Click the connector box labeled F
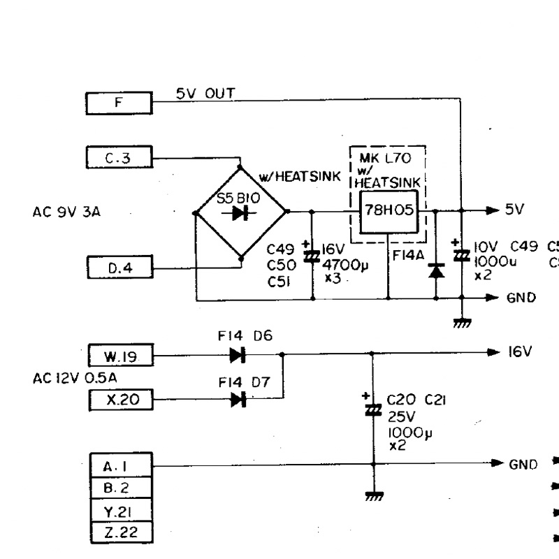(x=118, y=105)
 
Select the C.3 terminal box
(x=118, y=158)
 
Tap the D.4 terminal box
(x=118, y=266)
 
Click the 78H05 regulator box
(x=388, y=211)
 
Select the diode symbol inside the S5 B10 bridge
(x=240, y=213)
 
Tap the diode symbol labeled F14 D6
(x=238, y=356)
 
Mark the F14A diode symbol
(x=436, y=269)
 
